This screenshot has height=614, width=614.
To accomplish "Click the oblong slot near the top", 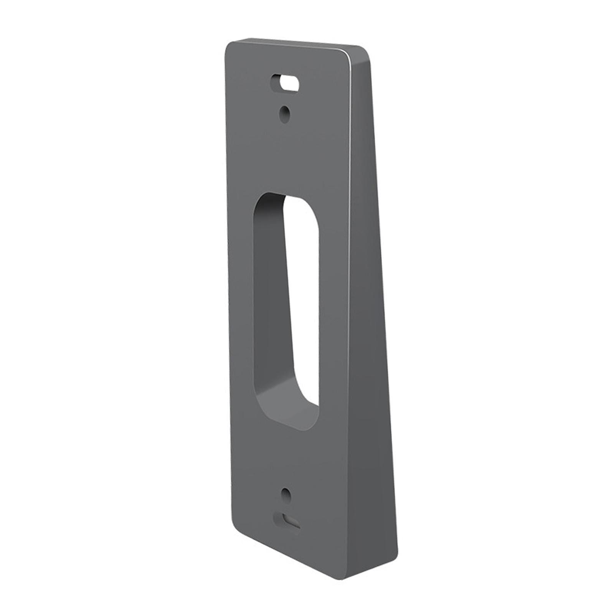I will pos(285,83).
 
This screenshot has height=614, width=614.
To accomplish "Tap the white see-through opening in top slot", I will pos(290,83).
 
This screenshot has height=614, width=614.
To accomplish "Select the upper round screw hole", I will pos(284,114).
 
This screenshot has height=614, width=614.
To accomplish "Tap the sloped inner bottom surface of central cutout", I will pos(284,403).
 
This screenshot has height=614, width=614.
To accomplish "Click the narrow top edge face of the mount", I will pos(299,44).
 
